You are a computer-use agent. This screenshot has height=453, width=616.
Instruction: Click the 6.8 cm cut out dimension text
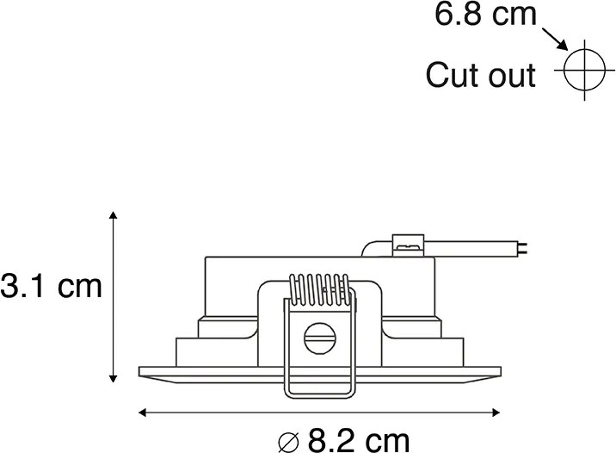tap(485, 16)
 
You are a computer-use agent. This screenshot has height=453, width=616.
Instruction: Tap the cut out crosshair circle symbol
tap(582, 68)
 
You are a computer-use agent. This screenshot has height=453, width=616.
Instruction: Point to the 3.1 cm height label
tap(52, 286)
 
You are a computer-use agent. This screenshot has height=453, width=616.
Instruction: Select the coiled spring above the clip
tap(318, 289)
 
